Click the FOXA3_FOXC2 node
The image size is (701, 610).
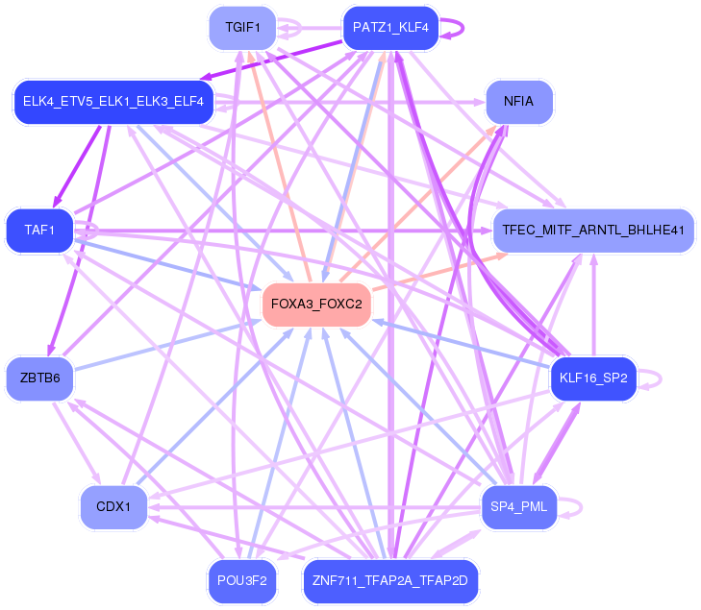pyautogui.click(x=316, y=305)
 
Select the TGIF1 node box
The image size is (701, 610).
pyautogui.click(x=242, y=27)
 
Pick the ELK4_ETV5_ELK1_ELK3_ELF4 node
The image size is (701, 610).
pyautogui.click(x=113, y=102)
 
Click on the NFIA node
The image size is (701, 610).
pyautogui.click(x=518, y=101)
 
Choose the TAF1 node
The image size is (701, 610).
pyautogui.click(x=39, y=231)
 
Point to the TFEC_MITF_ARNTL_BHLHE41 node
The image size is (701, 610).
pyautogui.click(x=592, y=231)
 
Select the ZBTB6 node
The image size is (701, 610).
pyautogui.click(x=39, y=378)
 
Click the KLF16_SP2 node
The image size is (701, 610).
pyautogui.click(x=592, y=378)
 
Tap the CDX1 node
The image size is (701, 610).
pyautogui.click(x=113, y=506)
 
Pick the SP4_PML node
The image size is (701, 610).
pyautogui.click(x=518, y=506)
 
